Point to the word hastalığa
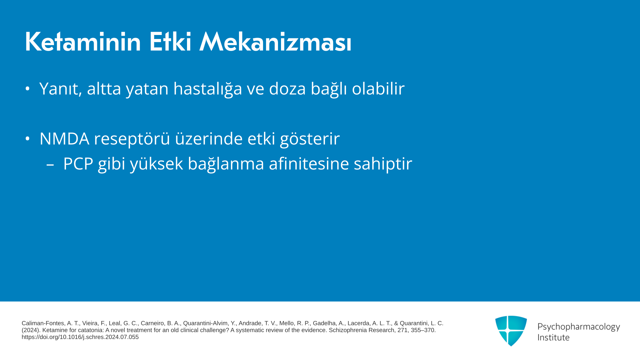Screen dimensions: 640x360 [208, 89]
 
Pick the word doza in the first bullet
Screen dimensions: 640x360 [287, 89]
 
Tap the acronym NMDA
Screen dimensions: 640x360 [64, 139]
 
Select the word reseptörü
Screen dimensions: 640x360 [132, 139]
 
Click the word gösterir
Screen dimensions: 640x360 [310, 139]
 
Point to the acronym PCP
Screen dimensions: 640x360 [78, 164]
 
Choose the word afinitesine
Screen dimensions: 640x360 [309, 164]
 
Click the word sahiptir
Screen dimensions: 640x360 [383, 164]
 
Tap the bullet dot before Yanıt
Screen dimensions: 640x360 [28, 89]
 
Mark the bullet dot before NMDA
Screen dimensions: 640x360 [28, 139]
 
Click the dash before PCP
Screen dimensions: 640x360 [50, 164]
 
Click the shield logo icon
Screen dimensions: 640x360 [511, 331]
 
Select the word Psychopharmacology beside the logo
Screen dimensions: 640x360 [579, 327]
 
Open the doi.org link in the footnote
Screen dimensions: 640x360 [80, 337]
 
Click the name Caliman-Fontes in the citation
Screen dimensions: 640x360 [43, 323]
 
